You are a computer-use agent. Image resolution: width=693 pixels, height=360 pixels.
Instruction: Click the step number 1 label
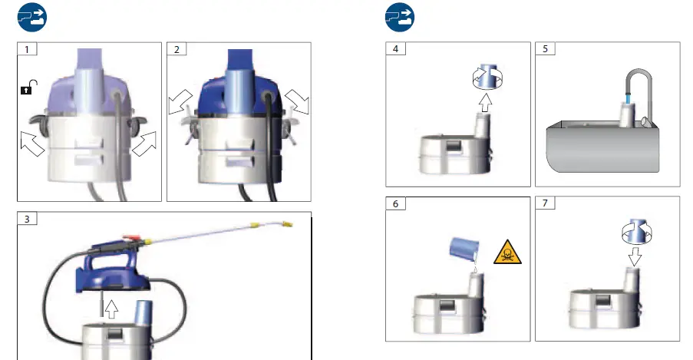pyautogui.click(x=27, y=50)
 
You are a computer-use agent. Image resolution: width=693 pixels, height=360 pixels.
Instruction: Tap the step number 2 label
pyautogui.click(x=177, y=50)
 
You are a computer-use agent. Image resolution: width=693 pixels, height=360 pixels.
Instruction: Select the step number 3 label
pyautogui.click(x=27, y=220)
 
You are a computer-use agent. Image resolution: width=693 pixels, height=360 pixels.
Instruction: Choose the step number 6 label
pyautogui.click(x=395, y=204)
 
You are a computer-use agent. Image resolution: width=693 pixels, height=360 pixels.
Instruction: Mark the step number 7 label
pyautogui.click(x=545, y=204)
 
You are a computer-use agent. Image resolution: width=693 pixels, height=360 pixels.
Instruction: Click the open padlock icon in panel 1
pyautogui.click(x=26, y=90)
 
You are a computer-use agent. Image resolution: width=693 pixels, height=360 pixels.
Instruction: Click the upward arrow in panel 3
pyautogui.click(x=111, y=309)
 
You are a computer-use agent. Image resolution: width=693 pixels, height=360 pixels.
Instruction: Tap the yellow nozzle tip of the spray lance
pyautogui.click(x=286, y=223)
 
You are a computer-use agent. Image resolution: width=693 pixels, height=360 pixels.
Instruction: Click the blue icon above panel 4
pyautogui.click(x=399, y=16)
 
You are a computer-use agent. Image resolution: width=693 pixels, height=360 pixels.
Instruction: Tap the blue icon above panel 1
pyautogui.click(x=31, y=16)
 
